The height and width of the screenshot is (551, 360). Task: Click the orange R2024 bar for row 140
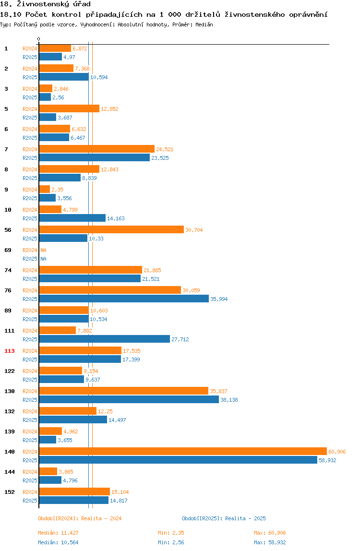(x=183, y=451)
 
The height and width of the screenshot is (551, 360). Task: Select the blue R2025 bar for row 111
(x=105, y=339)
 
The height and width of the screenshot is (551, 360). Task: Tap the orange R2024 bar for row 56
(x=111, y=229)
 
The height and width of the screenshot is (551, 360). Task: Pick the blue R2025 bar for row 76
(x=124, y=299)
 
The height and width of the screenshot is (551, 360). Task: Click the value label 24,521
(x=165, y=149)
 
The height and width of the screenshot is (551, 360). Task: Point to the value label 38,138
(x=229, y=400)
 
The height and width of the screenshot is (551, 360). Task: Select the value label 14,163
(x=116, y=218)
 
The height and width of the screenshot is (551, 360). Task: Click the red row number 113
(x=10, y=351)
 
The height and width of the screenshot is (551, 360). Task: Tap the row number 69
(x=8, y=250)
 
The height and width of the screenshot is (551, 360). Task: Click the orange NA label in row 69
(x=43, y=250)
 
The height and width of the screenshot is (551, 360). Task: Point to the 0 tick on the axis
(x=39, y=39)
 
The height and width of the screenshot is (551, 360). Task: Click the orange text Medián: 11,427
(x=59, y=533)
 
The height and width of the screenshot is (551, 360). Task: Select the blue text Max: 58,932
(x=270, y=542)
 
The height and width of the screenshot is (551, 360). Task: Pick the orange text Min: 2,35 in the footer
(x=171, y=533)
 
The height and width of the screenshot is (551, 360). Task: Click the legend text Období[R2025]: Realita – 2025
(x=224, y=518)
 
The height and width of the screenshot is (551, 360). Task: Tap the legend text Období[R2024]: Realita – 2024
(x=80, y=518)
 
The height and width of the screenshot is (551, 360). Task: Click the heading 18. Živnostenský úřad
(x=45, y=4)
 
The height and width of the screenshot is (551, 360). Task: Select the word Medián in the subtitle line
(x=204, y=24)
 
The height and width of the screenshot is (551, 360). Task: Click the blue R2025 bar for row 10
(x=72, y=218)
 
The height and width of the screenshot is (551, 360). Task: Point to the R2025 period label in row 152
(x=30, y=501)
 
